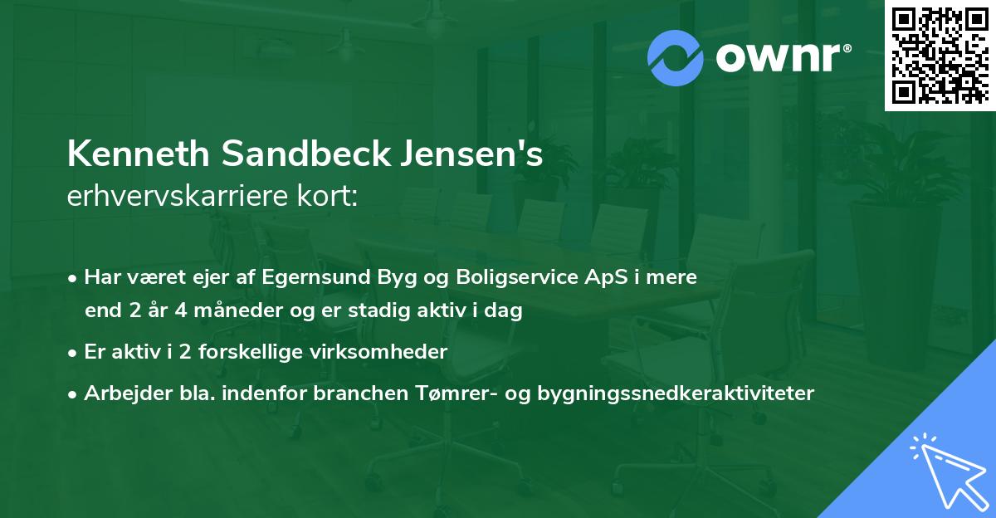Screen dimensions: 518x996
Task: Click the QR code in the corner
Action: click(x=940, y=55)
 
